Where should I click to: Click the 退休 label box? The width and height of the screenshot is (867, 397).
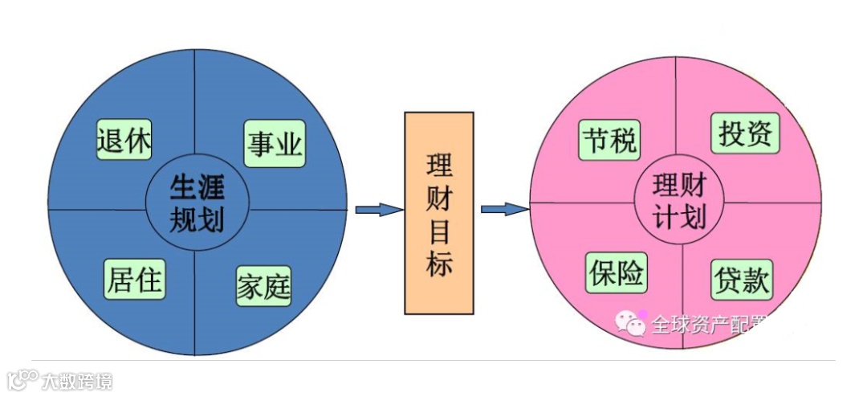point(124,141)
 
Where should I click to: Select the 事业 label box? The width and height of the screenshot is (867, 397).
point(275,144)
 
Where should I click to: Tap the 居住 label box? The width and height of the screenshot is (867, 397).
point(134,280)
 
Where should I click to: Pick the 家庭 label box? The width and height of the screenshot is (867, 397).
point(263,284)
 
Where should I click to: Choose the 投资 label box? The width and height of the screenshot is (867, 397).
point(746,133)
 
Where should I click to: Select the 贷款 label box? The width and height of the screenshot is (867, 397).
point(741,280)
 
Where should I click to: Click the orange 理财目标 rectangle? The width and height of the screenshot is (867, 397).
point(438,212)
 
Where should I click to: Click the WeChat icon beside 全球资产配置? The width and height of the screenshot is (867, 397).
point(631,323)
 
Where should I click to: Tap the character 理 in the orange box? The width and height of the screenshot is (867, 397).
point(439,166)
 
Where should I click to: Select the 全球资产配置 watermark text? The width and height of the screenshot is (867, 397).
point(698,324)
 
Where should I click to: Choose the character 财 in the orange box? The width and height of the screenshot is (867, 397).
point(439,198)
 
